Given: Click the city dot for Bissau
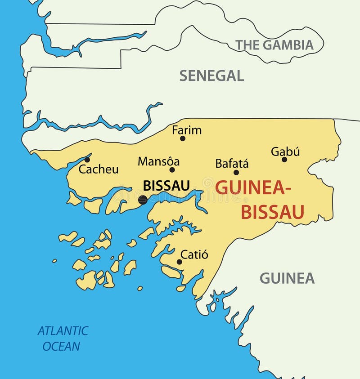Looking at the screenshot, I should (143, 200).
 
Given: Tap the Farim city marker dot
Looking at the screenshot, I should (183, 138).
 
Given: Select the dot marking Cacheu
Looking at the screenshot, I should (87, 160).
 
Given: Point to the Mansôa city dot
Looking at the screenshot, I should (172, 170).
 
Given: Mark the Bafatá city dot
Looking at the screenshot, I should (236, 172).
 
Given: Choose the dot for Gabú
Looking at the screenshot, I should (284, 159).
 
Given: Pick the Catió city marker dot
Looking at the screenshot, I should (179, 262).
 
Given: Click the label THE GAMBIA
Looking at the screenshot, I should (274, 45).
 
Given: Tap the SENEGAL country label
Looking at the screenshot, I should (211, 76).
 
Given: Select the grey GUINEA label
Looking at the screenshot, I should (287, 279).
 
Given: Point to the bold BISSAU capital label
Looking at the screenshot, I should (166, 185).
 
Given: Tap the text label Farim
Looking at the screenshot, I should (187, 130).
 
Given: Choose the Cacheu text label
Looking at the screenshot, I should (99, 169).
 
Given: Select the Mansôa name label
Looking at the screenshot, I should (158, 161).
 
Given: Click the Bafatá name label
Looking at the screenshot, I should (232, 164).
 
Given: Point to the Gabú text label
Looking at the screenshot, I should (285, 152).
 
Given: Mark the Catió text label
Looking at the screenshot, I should (194, 255).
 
